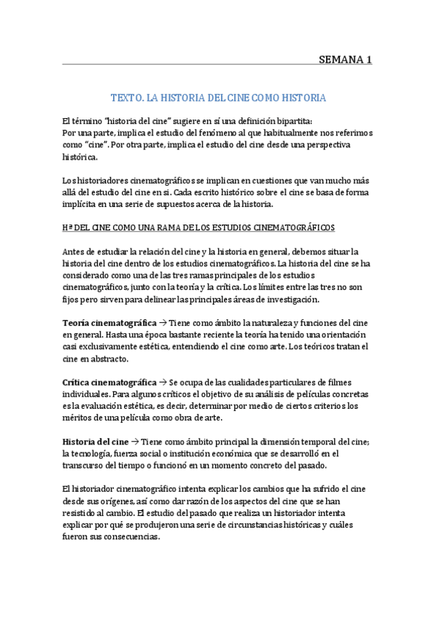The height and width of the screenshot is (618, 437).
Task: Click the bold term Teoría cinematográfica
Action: coord(109,324)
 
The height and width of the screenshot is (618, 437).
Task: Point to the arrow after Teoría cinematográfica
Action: coord(163,324)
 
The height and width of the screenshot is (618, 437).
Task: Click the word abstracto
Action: coord(109,359)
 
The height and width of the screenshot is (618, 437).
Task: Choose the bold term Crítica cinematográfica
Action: coord(110,383)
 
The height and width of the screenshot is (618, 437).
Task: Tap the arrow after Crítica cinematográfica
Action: coord(163,383)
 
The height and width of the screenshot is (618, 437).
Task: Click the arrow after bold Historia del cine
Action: coord(136,442)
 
